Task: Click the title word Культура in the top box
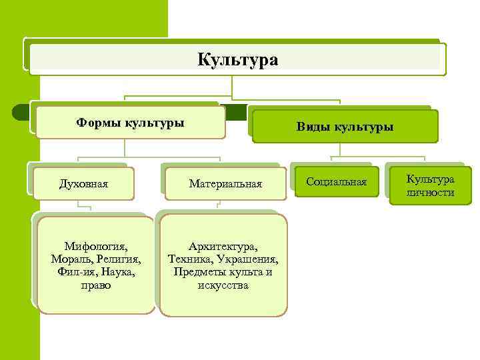[x=237, y=60]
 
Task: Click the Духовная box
[x=84, y=183]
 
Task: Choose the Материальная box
[x=225, y=183]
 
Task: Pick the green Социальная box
[x=337, y=182]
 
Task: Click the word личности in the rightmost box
[x=431, y=193]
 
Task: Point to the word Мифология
[x=96, y=246]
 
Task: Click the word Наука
[x=117, y=272]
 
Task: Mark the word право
[x=96, y=285]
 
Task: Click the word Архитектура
[x=223, y=246]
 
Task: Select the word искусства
[x=223, y=285]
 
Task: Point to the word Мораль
[x=69, y=259]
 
